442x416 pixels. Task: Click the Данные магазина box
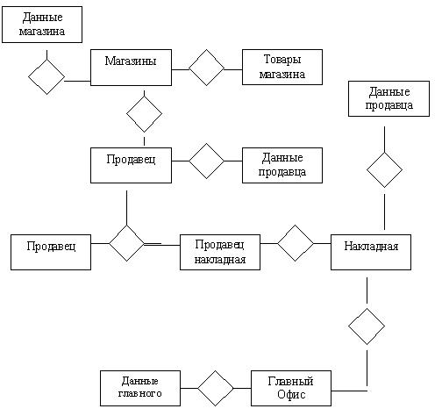coord(42,25)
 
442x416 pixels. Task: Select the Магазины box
coord(131,68)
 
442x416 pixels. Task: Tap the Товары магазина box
coord(282,67)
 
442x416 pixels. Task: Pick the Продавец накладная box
coord(220,252)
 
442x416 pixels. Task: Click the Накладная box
coord(371,252)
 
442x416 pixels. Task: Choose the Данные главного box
coord(140,388)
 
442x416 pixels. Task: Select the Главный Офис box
coord(291,388)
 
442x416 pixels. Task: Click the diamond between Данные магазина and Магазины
coord(46,77)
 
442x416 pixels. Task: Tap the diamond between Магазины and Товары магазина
coord(207,68)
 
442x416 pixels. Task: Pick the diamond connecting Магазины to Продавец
coord(144,114)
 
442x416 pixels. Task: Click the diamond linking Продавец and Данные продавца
coord(207,161)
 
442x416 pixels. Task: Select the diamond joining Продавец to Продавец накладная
coord(126,243)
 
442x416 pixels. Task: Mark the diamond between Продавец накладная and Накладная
coord(296,243)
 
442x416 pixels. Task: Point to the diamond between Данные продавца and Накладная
coord(384,170)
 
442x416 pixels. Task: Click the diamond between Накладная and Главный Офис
coord(367,326)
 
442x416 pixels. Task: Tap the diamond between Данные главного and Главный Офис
coord(216,388)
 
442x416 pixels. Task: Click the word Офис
coord(291,395)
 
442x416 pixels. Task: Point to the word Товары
coord(282,60)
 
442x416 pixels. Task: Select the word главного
coord(140,394)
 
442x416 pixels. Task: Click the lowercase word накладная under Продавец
coord(220,260)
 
